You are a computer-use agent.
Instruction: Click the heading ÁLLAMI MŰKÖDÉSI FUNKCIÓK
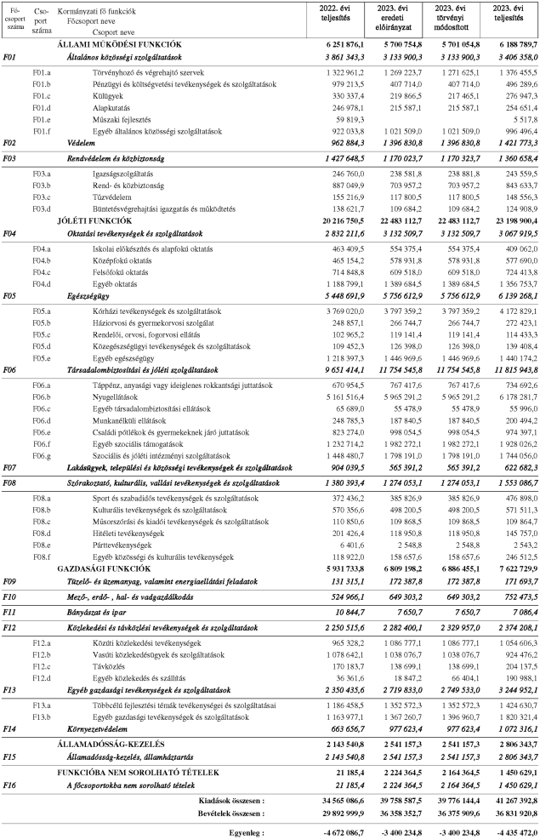(x=118, y=43)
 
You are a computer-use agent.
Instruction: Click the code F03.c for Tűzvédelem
(x=42, y=195)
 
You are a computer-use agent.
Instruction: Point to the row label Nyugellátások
(x=117, y=396)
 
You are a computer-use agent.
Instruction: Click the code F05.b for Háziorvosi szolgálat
(x=42, y=324)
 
